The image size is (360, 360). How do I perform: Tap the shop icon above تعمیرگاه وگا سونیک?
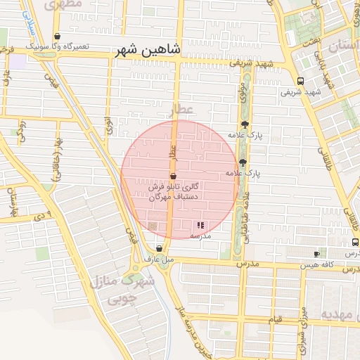[57, 37]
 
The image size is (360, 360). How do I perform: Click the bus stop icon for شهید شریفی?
[300, 81]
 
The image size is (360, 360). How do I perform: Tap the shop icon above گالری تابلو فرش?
[173, 176]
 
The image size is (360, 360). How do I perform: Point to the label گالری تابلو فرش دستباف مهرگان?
[173, 193]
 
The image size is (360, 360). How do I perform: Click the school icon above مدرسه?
[200, 226]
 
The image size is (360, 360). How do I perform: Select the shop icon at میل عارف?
[160, 247]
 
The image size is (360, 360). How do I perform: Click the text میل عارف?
[159, 259]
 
